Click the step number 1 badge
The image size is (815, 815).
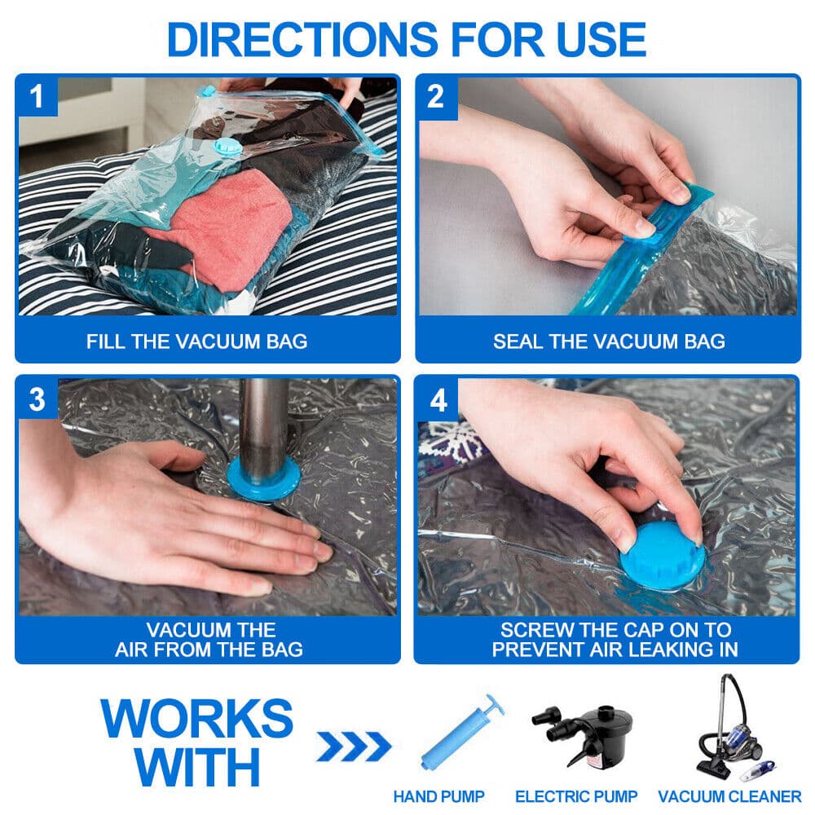[37, 97]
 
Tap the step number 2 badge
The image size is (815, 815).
[436, 97]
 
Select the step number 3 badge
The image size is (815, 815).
[37, 399]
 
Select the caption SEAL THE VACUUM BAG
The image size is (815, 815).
[609, 341]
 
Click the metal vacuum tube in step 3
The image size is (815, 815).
[263, 424]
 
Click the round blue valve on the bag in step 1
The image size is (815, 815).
[222, 148]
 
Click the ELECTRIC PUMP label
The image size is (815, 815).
[576, 796]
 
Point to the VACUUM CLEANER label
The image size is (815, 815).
[729, 796]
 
